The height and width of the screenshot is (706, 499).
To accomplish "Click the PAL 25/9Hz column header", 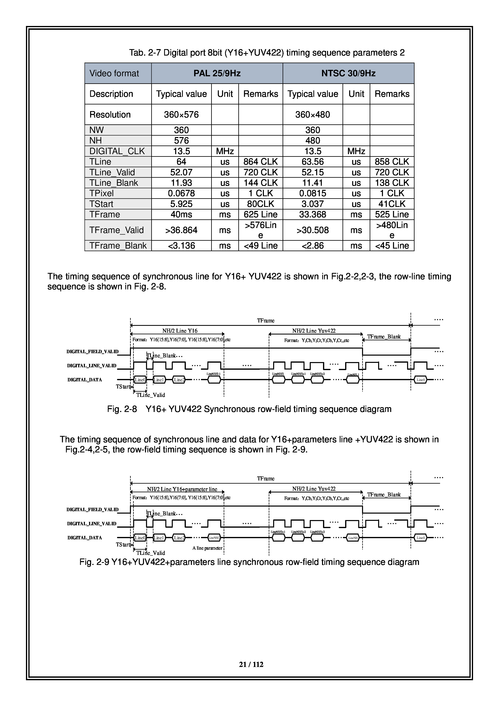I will click(217, 73).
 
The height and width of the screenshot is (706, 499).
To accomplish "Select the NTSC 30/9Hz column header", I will click(348, 73).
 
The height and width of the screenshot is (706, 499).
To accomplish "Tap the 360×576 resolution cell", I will click(181, 115).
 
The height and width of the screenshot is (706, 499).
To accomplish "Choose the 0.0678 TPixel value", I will click(181, 193).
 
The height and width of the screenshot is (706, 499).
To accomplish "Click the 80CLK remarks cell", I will click(260, 204).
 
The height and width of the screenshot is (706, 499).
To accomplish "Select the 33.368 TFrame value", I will click(313, 214).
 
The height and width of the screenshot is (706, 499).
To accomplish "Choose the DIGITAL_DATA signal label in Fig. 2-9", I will click(85, 538).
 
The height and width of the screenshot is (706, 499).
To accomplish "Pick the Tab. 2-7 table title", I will click(267, 53).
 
